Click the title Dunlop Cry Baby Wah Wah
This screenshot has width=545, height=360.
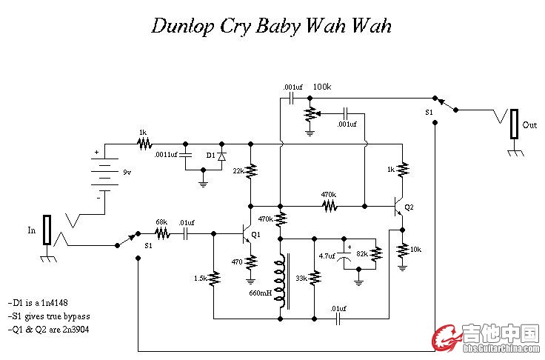tap(271, 26)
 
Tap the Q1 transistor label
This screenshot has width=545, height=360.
tap(256, 235)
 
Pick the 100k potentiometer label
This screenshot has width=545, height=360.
tap(322, 87)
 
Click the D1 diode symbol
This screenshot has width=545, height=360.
tap(221, 156)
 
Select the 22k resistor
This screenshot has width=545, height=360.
tap(251, 171)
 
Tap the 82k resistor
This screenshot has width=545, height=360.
tap(377, 253)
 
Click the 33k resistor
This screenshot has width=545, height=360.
tap(314, 278)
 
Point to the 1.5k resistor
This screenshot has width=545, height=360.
tap(214, 279)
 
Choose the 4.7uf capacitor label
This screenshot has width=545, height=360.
tap(327, 256)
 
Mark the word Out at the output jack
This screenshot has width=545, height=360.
tap(530, 125)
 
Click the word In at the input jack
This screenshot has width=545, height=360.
tap(32, 230)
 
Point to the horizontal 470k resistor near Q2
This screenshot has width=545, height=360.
tap(329, 205)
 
